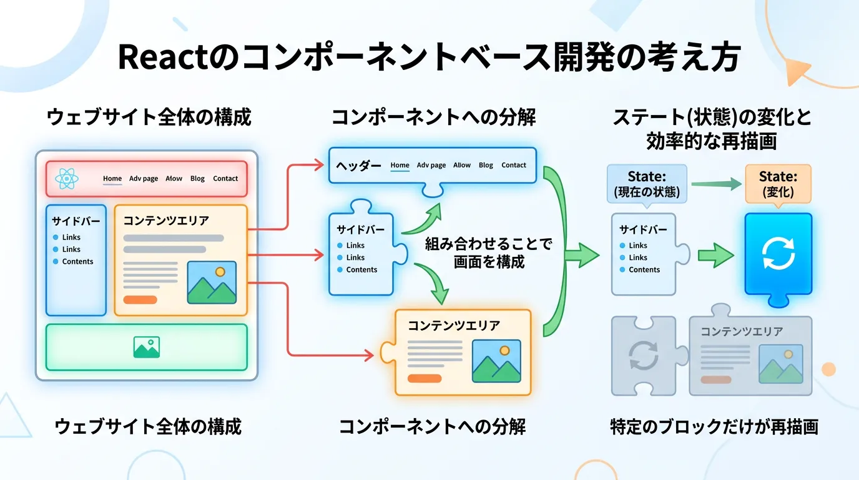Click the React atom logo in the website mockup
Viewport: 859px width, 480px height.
(x=66, y=179)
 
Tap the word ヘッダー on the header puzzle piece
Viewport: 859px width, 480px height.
(x=358, y=166)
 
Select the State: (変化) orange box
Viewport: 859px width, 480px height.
(x=778, y=184)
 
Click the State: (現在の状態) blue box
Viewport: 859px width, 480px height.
(x=647, y=184)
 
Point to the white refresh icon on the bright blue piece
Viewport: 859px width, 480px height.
(x=778, y=254)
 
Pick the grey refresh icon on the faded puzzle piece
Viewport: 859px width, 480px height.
(x=644, y=355)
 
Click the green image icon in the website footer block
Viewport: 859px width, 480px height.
(x=147, y=347)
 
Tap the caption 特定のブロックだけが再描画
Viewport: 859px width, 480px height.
(x=714, y=427)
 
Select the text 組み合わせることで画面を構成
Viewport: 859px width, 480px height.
(x=489, y=252)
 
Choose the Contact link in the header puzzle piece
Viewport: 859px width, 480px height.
(x=514, y=166)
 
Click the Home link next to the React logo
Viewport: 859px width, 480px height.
(x=112, y=179)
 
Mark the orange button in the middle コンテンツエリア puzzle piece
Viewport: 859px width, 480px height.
(x=425, y=378)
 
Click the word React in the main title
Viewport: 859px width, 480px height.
(x=162, y=57)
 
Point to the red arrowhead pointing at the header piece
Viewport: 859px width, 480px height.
(x=319, y=166)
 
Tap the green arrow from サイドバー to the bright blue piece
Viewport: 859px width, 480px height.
(x=715, y=255)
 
